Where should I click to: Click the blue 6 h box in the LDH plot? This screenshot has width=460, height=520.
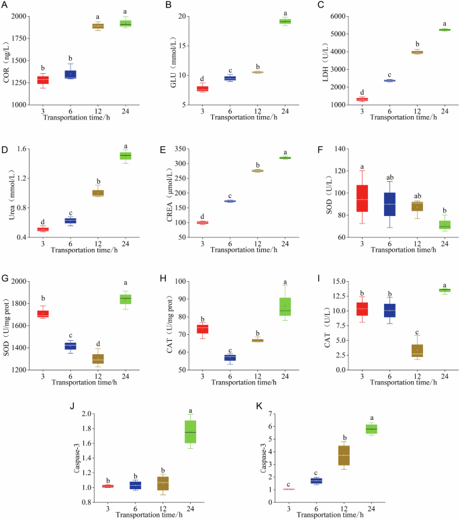[x=389, y=81]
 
